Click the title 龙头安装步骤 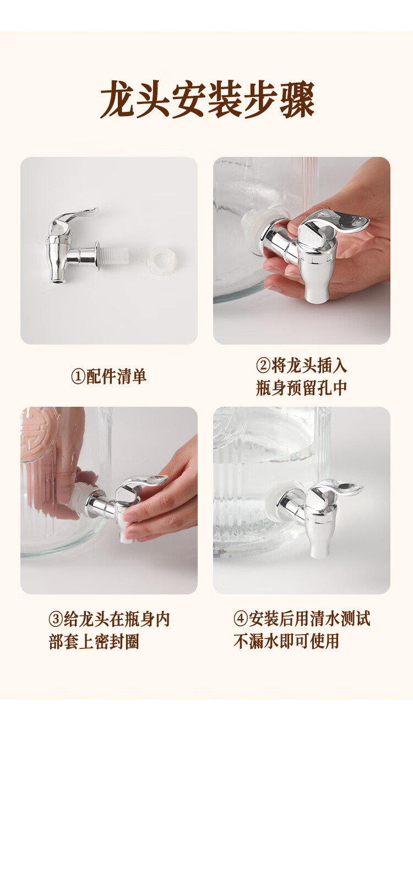click(x=207, y=99)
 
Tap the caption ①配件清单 click(x=108, y=376)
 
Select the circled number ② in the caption click(x=263, y=365)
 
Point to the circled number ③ click(x=56, y=619)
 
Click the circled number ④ click(x=241, y=619)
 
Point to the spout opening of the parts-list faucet click(x=58, y=281)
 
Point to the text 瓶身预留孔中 click(x=301, y=388)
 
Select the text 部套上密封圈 click(x=94, y=642)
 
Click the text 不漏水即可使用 click(x=286, y=641)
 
